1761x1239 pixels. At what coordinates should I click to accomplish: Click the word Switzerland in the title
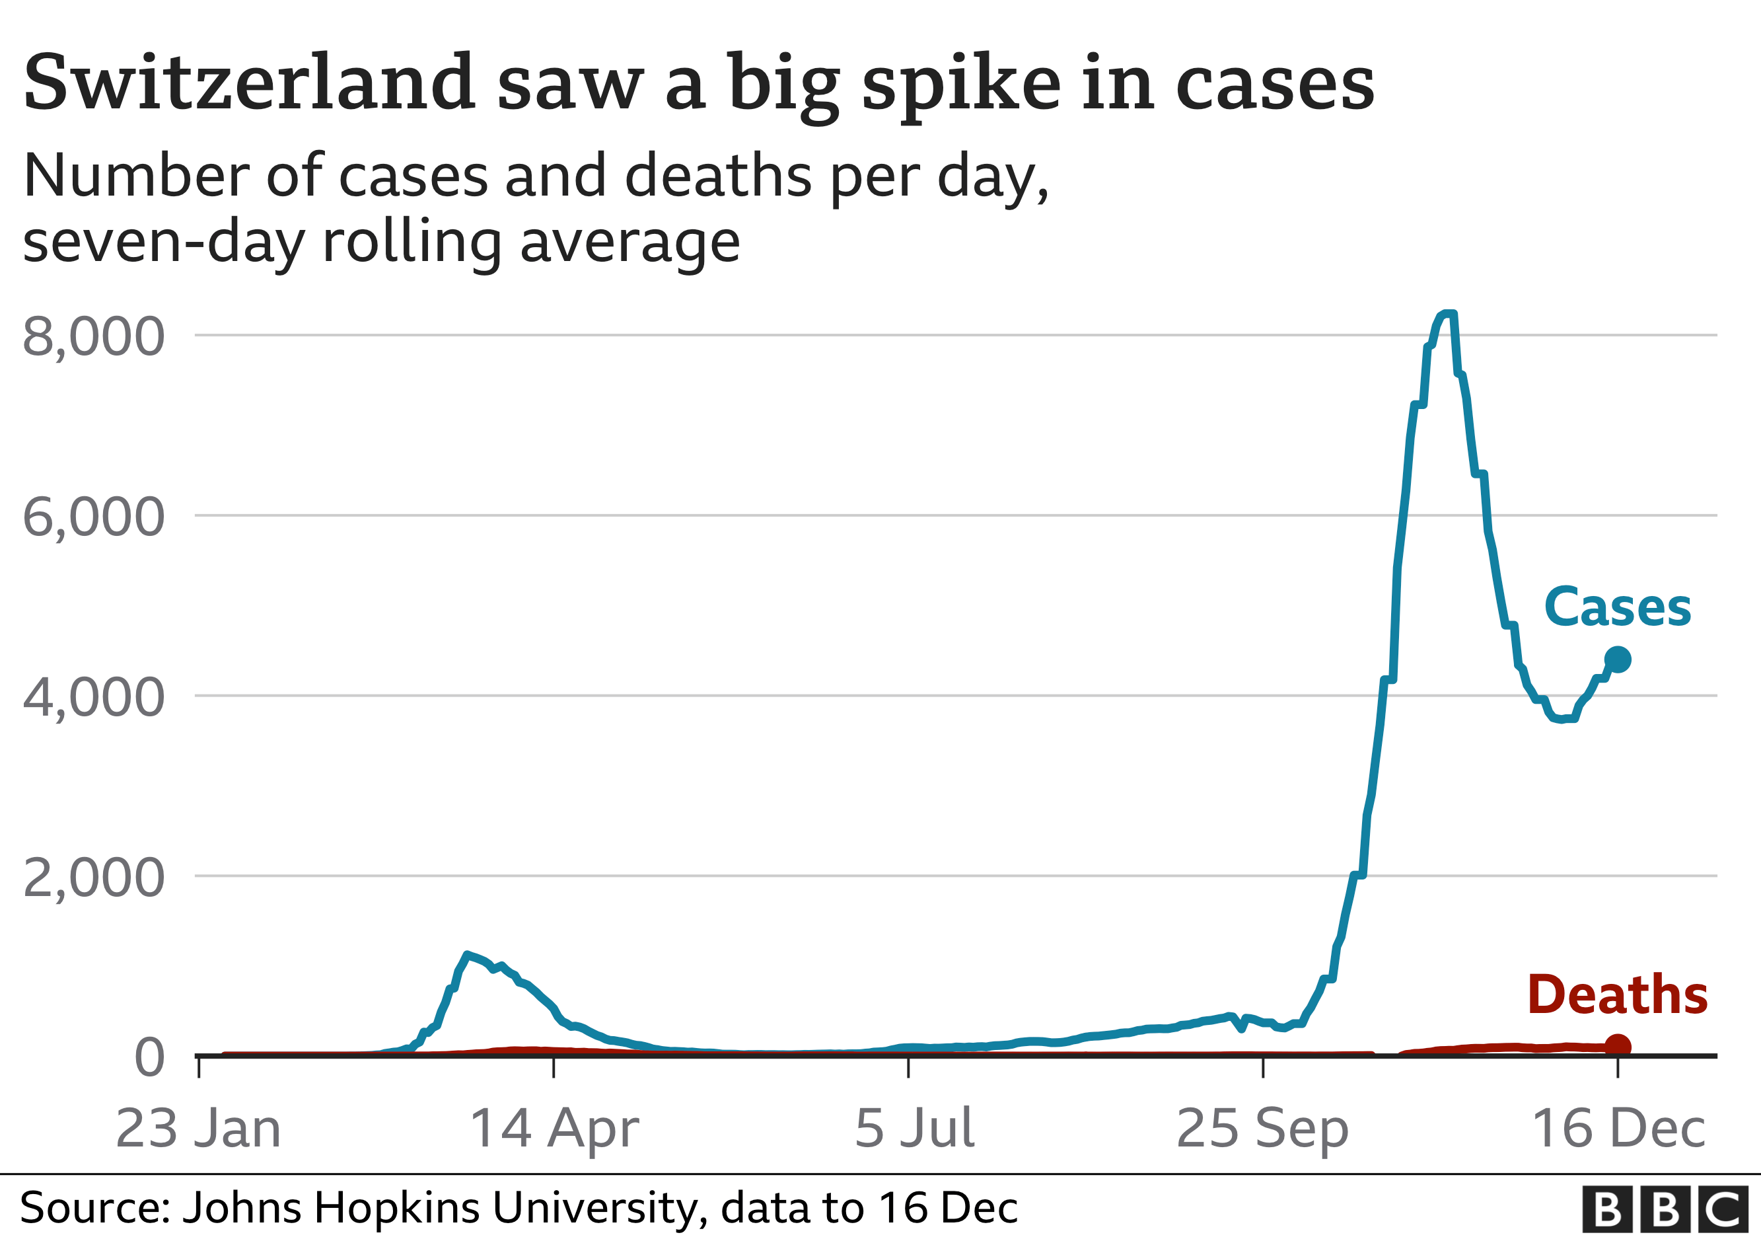click(x=249, y=83)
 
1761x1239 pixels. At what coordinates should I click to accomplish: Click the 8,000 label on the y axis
click(x=92, y=336)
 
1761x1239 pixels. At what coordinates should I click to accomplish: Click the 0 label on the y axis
click(x=149, y=1057)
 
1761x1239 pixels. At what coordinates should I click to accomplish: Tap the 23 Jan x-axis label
click(x=199, y=1128)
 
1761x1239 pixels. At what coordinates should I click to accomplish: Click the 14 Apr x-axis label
click(x=554, y=1128)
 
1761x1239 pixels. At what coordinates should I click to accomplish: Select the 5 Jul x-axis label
click(x=914, y=1128)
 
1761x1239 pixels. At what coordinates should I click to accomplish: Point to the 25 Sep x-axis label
click(x=1262, y=1128)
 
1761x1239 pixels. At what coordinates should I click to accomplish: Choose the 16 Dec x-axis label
click(x=1618, y=1128)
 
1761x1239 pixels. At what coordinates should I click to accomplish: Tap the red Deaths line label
click(x=1618, y=995)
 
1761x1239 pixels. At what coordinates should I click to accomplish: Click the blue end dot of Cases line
click(x=1618, y=659)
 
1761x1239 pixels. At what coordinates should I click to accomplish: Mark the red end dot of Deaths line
click(x=1618, y=1045)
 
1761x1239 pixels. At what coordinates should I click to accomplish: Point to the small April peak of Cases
click(x=467, y=954)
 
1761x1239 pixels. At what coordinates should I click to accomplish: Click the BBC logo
click(x=1665, y=1209)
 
